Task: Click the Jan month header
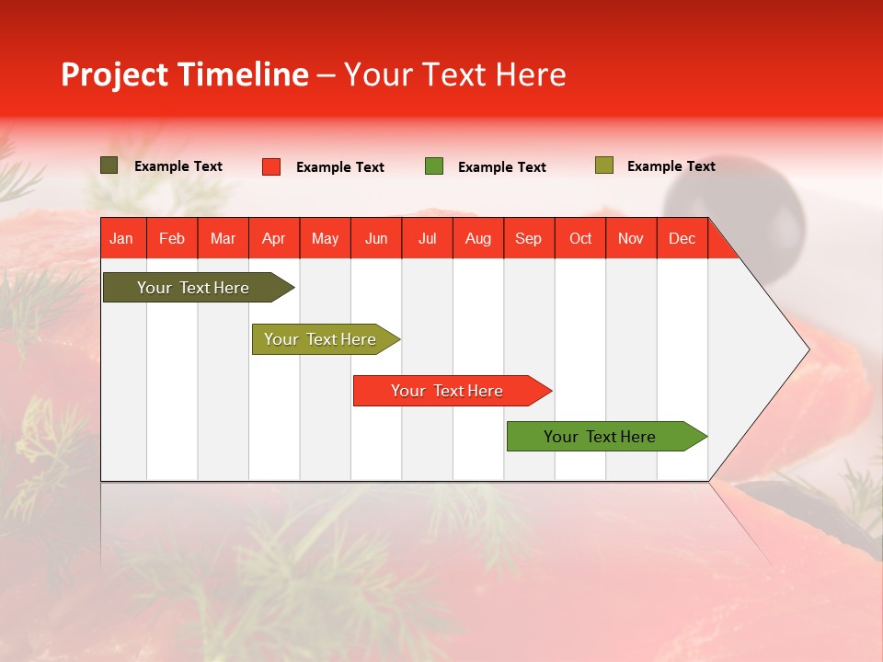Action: pos(121,238)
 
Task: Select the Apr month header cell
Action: pos(274,238)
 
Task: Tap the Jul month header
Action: pos(427,238)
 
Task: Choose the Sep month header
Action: pos(528,238)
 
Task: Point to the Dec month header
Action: pos(682,238)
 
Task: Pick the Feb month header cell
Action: pos(172,238)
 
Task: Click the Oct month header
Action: pos(579,238)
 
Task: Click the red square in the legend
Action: pos(271,166)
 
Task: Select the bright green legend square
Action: pos(434,166)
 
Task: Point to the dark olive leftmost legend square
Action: pos(109,165)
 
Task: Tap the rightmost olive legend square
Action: pos(603,165)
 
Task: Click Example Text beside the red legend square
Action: pos(339,167)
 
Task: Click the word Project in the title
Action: pos(114,74)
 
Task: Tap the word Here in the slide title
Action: pos(531,74)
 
